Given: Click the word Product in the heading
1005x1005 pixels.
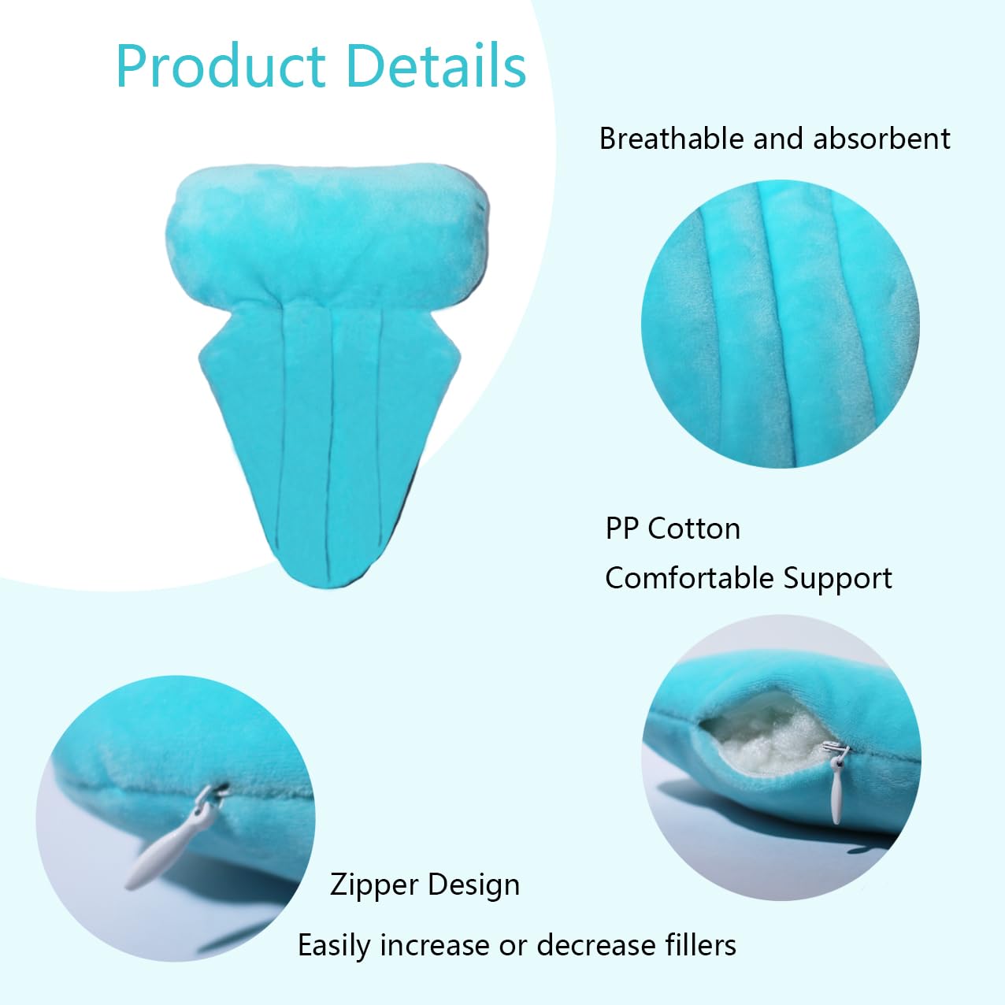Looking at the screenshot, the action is click(x=221, y=67).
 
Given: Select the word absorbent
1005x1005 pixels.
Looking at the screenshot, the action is click(x=881, y=139).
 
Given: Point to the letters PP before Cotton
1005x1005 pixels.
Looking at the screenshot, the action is click(x=621, y=528).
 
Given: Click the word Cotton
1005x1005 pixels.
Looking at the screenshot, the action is click(x=694, y=528).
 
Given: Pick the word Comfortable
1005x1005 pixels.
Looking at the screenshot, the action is click(x=688, y=578).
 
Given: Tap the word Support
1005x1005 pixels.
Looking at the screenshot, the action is click(x=837, y=579).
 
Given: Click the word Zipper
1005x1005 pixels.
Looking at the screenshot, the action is click(x=374, y=884).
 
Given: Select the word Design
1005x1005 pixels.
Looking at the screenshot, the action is click(x=474, y=884).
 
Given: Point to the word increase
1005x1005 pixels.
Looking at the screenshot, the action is click(x=436, y=946).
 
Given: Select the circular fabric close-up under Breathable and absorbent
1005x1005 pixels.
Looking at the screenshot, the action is click(x=781, y=324).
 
